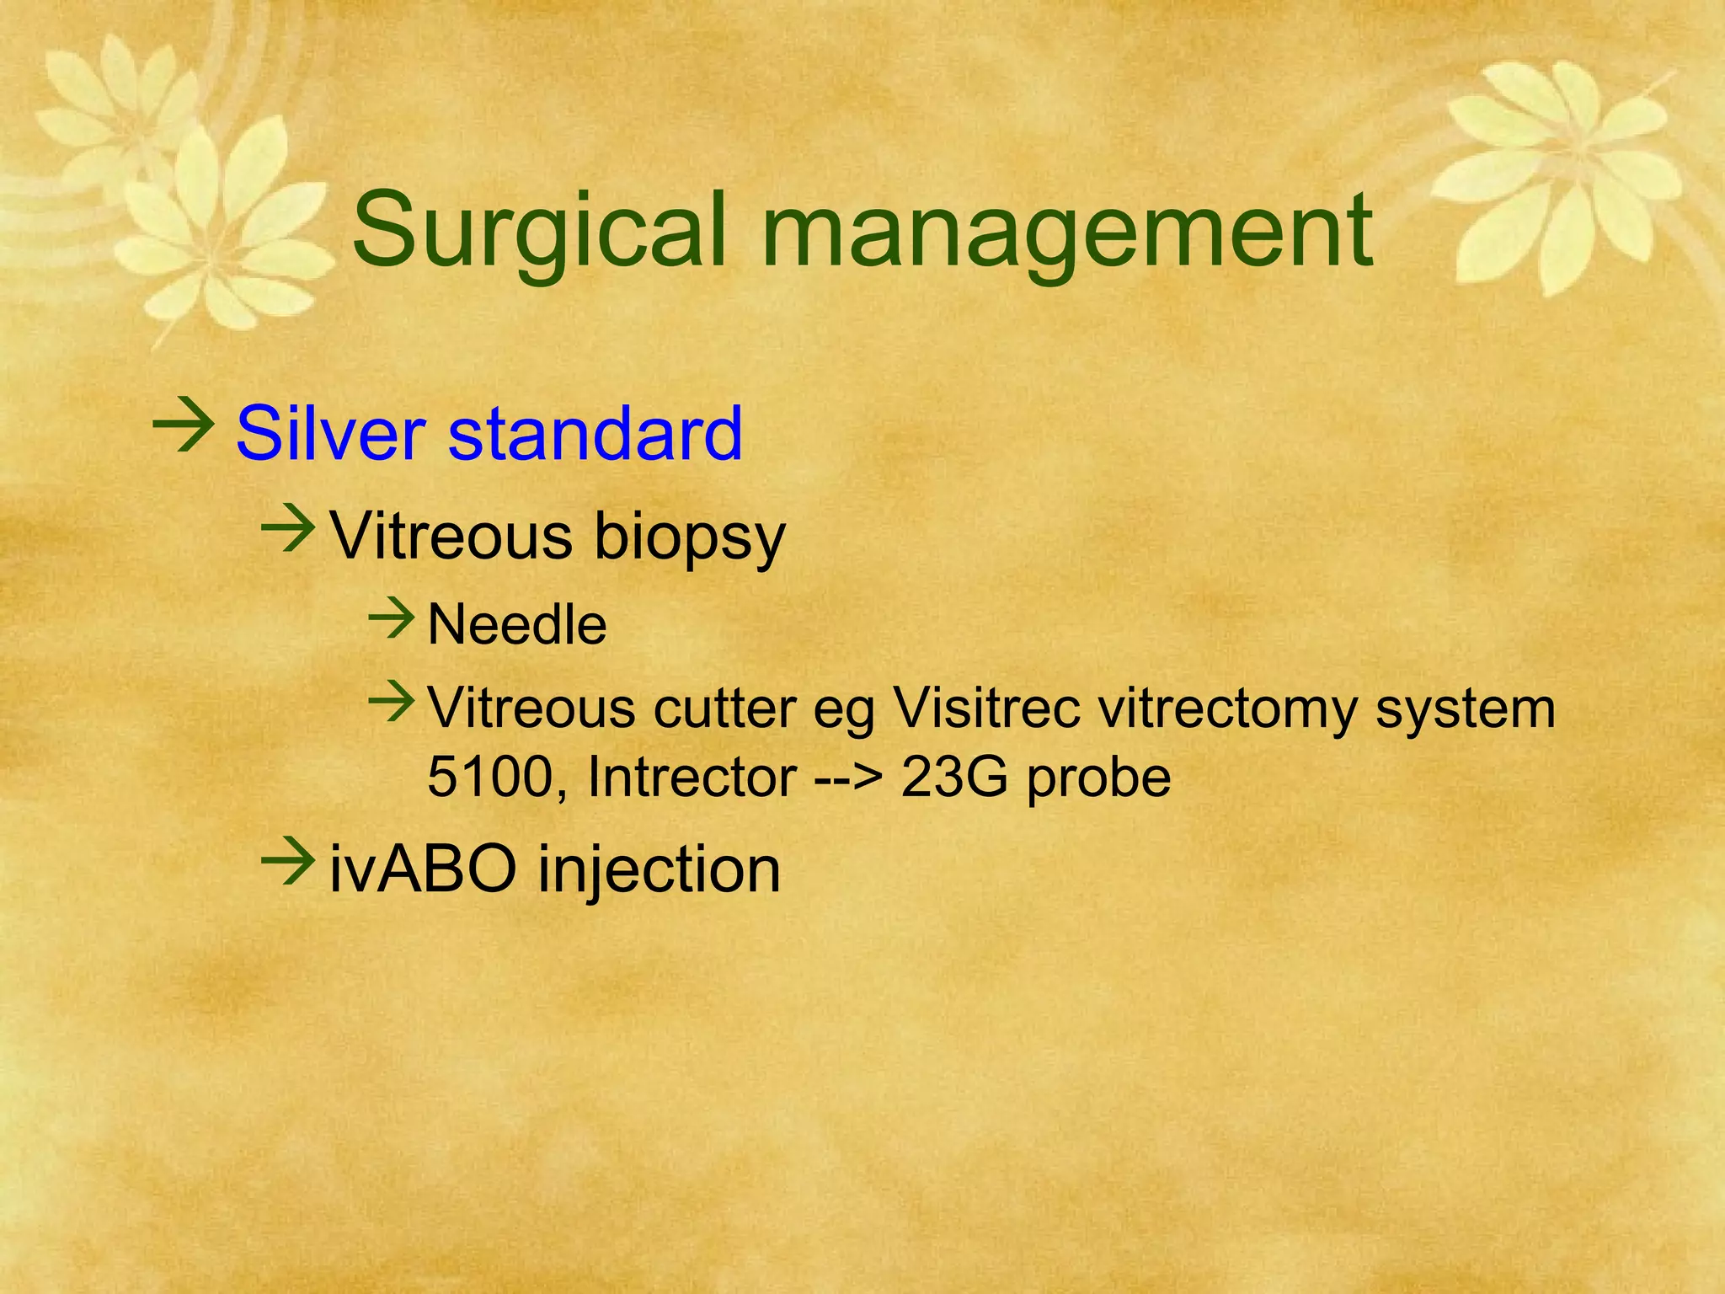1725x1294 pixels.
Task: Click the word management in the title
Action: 1067,232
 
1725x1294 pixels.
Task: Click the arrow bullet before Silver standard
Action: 182,427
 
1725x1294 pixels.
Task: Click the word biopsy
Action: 689,537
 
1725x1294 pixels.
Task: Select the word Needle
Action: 516,625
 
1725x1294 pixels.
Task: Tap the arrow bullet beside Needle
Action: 392,620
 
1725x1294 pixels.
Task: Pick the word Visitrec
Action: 986,708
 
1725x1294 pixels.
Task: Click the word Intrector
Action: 692,777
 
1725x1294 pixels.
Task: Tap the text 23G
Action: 953,777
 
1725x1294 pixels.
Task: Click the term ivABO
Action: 422,869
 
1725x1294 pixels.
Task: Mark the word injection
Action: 659,871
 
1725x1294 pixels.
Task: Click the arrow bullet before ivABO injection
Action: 288,864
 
